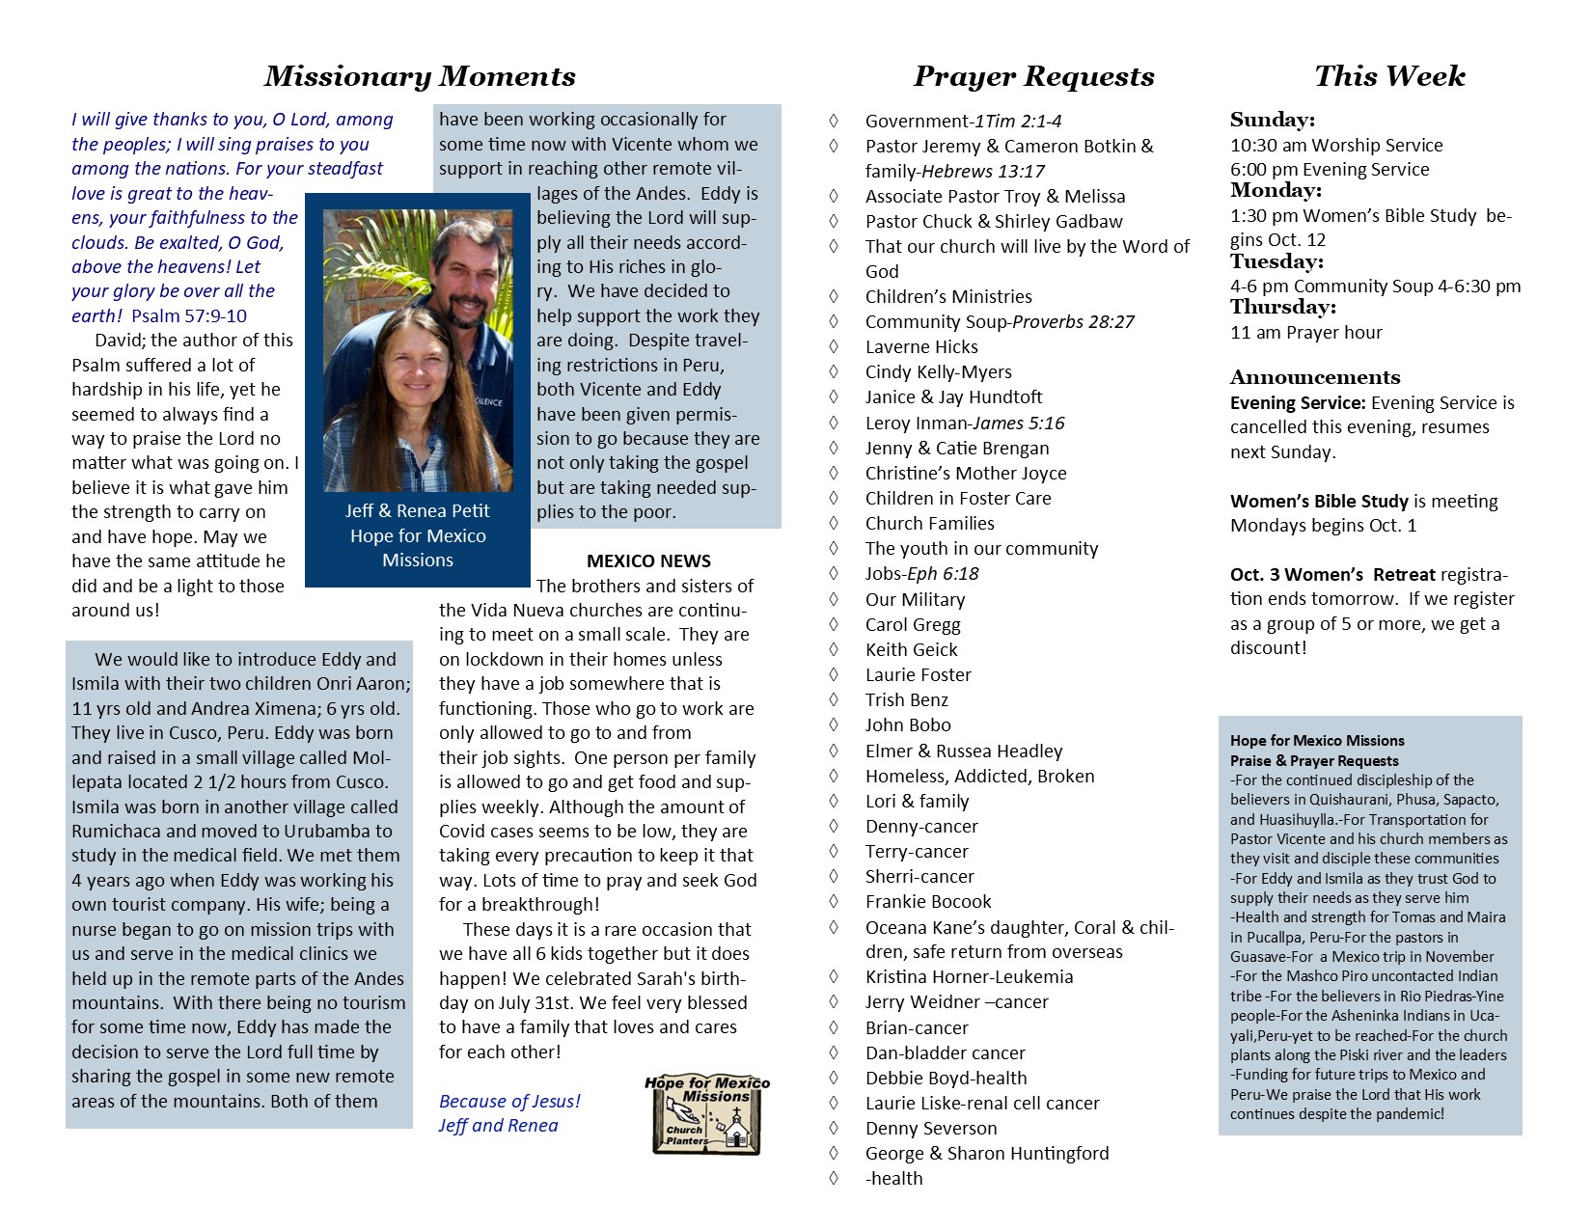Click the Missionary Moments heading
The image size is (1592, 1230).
[420, 76]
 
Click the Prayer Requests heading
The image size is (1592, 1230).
[1033, 76]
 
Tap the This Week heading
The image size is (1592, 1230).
[1389, 76]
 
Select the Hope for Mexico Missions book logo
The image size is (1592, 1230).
[707, 1115]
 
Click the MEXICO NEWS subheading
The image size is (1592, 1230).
[648, 561]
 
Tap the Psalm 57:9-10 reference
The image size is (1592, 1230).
[189, 315]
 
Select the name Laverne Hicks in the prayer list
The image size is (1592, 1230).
[921, 347]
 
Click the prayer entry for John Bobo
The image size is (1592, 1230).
[908, 725]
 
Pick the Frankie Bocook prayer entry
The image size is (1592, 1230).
[928, 902]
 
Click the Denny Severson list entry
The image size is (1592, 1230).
[931, 1129]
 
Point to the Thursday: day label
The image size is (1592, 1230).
[1282, 308]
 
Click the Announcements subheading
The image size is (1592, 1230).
[1315, 377]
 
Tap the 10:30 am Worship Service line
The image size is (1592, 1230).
[1336, 146]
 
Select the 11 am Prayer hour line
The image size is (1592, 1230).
[1305, 333]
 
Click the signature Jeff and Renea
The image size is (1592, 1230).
[498, 1126]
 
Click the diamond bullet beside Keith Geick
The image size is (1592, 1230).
[834, 650]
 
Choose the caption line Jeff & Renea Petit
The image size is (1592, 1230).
[418, 511]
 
